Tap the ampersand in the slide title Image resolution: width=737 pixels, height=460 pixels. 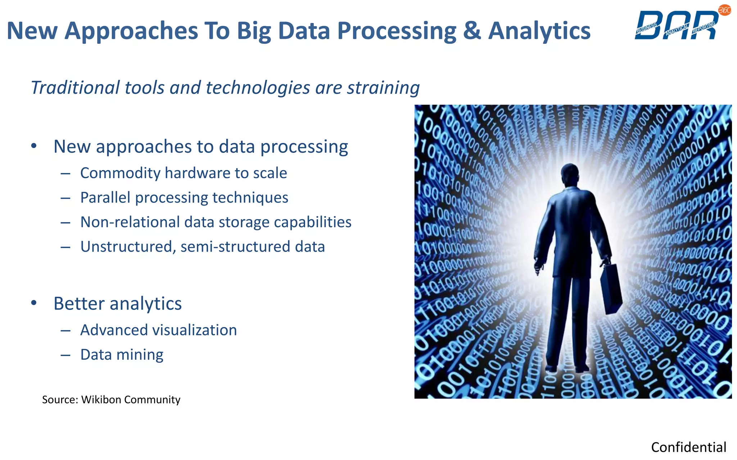472,31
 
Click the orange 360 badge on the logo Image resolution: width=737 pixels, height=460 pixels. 724,10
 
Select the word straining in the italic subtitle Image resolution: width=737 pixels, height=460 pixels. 383,88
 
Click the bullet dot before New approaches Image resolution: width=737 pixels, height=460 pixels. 34,146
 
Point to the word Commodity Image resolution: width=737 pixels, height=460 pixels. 120,173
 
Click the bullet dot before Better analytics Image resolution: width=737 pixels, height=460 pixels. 34,303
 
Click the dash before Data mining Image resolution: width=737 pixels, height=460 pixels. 65,355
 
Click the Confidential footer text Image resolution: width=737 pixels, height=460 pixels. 688,447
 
